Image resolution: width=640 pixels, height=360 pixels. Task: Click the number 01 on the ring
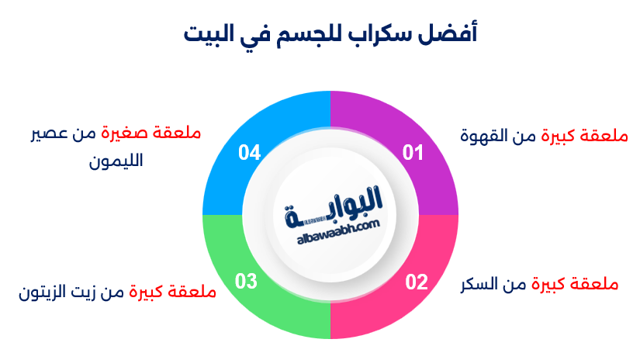point(414,153)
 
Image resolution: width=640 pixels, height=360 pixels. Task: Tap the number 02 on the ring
point(417,282)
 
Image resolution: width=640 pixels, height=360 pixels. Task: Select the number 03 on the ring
point(246,282)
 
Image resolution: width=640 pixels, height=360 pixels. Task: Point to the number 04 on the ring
point(249,153)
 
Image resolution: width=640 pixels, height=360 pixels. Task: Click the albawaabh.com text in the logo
point(336,225)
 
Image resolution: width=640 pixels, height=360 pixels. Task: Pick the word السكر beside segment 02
point(482,284)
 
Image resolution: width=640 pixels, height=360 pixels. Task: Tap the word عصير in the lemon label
point(45,133)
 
